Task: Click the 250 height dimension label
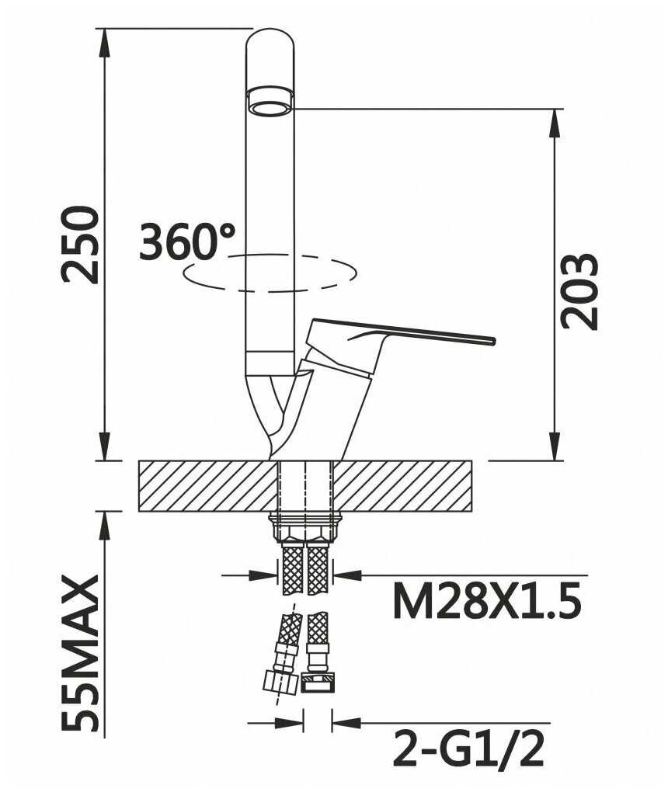(x=79, y=245)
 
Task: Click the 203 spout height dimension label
(x=579, y=291)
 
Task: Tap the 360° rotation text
(x=187, y=242)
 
